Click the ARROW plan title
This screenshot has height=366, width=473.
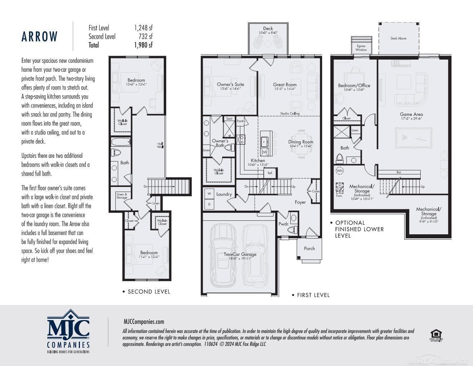[39, 37]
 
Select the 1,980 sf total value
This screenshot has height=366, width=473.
[143, 45]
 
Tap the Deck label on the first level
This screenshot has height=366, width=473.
[268, 28]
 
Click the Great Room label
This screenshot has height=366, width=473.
[285, 85]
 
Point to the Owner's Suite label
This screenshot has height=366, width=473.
[230, 85]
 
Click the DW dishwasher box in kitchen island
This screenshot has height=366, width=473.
[264, 152]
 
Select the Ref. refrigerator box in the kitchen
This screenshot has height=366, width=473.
[270, 173]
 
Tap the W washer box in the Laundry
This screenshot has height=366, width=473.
[209, 194]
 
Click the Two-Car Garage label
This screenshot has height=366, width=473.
[240, 254]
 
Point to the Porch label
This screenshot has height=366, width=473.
[309, 248]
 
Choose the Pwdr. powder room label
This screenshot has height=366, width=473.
[283, 224]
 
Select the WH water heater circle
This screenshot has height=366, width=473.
[339, 171]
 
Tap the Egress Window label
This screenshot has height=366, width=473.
[361, 48]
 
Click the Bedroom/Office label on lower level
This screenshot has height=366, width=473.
[354, 85]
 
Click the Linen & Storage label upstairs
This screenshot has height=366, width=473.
[121, 196]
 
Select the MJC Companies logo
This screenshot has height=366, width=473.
[68, 330]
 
